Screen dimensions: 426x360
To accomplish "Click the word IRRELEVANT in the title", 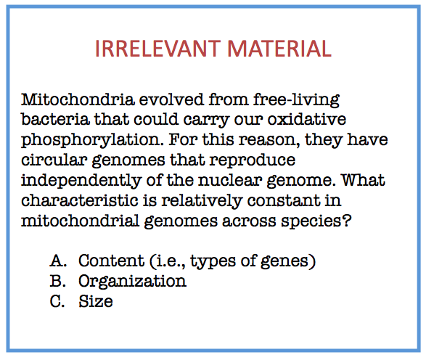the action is pos(158,48).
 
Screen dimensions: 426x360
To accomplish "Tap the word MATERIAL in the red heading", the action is pos(279,48).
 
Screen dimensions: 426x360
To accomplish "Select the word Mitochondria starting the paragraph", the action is pos(78,99).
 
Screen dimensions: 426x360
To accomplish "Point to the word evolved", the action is pos(171,99).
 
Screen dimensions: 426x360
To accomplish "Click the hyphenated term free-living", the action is pos(296,100).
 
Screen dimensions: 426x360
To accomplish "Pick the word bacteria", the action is pos(55,120).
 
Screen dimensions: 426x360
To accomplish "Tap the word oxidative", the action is pos(307,120).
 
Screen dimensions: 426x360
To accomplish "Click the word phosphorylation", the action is pos(93,140).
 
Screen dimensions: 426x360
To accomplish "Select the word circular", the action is pos(54,160).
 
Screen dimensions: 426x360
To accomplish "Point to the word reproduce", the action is pos(253,160).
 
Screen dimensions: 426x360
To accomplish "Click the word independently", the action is pos(81,181).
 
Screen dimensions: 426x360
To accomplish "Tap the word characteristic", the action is pos(80,200).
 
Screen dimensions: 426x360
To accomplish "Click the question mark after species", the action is pos(347,221).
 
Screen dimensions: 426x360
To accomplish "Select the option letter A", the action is pos(58,261).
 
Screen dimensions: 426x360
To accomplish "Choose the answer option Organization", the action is pos(133,282).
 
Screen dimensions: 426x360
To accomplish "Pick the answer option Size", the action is pos(96,301).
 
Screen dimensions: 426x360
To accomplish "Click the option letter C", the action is pos(57,301).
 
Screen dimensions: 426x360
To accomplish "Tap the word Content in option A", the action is pos(111,261).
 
